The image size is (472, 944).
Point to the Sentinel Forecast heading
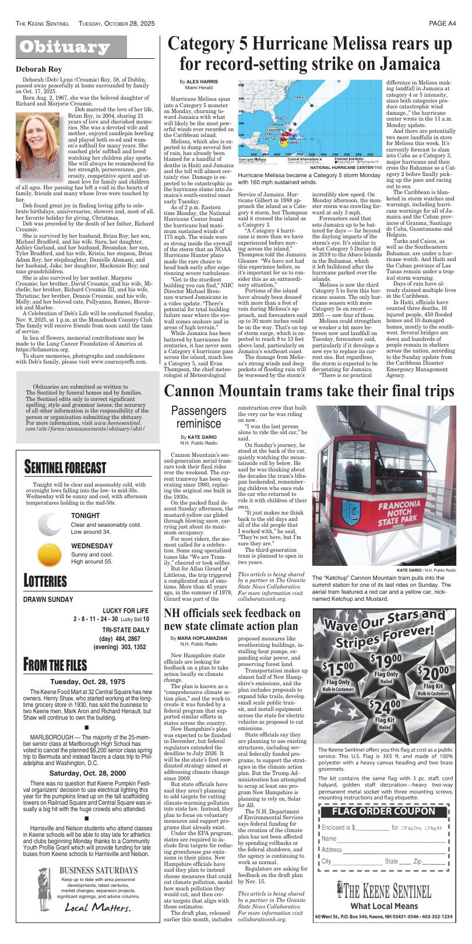point(65,467)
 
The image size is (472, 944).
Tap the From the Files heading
point(55,665)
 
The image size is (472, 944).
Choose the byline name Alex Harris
point(198,82)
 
